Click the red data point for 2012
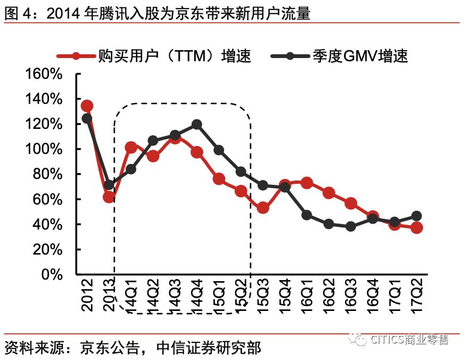(x=87, y=106)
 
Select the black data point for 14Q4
(x=196, y=125)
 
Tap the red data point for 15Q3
(x=262, y=208)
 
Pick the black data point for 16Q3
(x=350, y=226)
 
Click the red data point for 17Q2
(x=416, y=228)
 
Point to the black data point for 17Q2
(x=416, y=216)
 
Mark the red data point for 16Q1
(x=306, y=183)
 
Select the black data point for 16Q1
(x=306, y=215)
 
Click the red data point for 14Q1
(x=131, y=147)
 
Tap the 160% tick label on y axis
(x=44, y=74)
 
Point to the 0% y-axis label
(x=52, y=275)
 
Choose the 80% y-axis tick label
(x=47, y=175)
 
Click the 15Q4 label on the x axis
(x=285, y=294)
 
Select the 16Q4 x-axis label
(x=372, y=294)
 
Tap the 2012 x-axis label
(x=87, y=294)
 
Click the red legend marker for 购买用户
(x=76, y=55)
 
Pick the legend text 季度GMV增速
(x=360, y=55)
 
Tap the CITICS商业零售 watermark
(x=409, y=339)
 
